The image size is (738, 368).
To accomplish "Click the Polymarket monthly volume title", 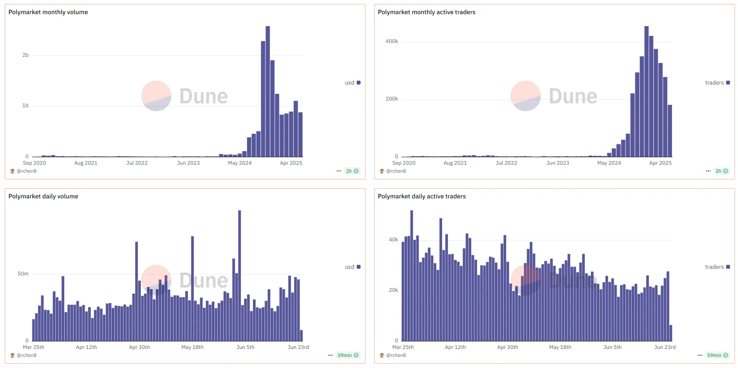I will tap(48, 12).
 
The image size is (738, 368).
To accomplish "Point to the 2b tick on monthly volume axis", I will tap(25, 55).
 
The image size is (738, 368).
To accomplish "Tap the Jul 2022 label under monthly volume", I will tap(137, 163).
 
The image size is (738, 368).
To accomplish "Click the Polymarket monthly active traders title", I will tap(426, 12).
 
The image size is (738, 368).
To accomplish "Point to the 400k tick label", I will tap(392, 42).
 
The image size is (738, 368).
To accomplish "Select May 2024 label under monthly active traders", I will tap(609, 163).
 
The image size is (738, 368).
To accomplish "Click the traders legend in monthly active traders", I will tap(717, 83).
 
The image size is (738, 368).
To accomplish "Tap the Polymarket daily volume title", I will tap(43, 197).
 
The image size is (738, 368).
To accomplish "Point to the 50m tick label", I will tap(23, 274).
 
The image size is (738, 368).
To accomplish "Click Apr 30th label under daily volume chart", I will tap(139, 347).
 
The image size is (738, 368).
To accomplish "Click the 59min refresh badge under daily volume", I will tap(348, 355).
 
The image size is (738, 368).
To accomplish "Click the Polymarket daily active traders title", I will tap(421, 197).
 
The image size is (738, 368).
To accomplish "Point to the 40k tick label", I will tap(393, 240).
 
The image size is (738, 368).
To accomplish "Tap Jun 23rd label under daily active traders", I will tap(664, 347).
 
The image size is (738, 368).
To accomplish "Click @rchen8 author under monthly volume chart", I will tap(27, 171).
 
